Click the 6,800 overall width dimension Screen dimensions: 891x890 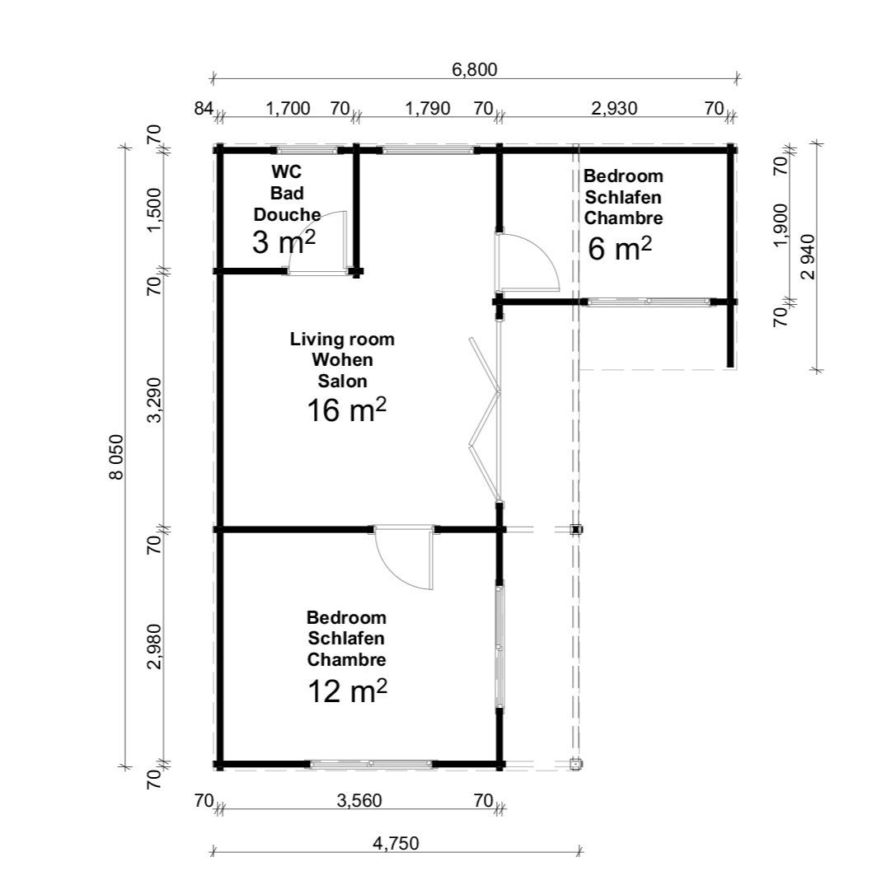[475, 69]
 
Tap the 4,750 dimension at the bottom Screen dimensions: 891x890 [396, 843]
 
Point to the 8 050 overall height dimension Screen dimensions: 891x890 [116, 457]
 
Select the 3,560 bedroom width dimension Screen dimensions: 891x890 [359, 801]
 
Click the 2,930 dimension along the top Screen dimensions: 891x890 [614, 108]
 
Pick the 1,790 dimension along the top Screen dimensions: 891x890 [427, 108]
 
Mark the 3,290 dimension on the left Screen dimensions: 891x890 [155, 400]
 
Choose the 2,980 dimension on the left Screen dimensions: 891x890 [155, 646]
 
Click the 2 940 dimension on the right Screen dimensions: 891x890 [808, 257]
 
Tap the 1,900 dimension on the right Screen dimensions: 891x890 [781, 225]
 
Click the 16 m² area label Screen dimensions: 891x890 [347, 410]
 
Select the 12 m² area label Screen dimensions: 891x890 [347, 691]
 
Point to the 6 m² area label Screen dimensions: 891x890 [619, 249]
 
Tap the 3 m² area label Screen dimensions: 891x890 [284, 243]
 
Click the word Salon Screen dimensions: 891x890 [342, 381]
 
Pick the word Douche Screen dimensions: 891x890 [287, 215]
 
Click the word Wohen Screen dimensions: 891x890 [342, 360]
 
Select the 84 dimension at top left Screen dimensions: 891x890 [204, 108]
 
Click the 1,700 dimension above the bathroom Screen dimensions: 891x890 [288, 108]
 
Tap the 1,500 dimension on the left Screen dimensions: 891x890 [155, 210]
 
